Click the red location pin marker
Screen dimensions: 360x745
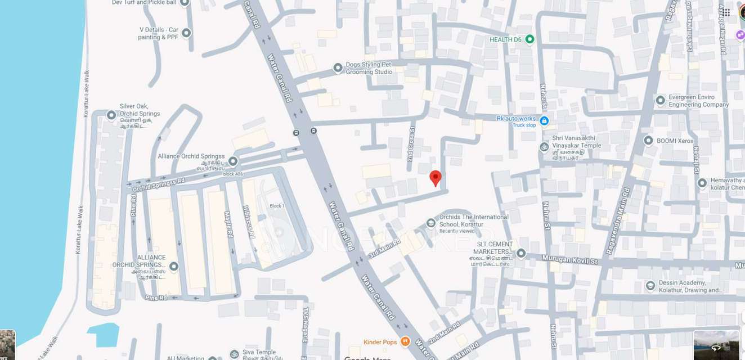pyautogui.click(x=435, y=178)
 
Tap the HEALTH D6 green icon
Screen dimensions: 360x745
pyautogui.click(x=529, y=39)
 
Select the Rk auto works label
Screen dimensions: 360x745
pyautogui.click(x=516, y=119)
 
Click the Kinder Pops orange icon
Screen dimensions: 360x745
pyautogui.click(x=405, y=341)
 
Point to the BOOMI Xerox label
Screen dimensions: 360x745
pyautogui.click(x=675, y=141)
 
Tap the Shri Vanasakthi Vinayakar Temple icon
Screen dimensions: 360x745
pyautogui.click(x=544, y=147)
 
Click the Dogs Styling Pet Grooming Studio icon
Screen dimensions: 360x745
pyautogui.click(x=338, y=68)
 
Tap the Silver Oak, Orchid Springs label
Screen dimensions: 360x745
pyautogui.click(x=140, y=110)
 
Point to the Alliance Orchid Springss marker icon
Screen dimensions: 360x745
pyautogui.click(x=232, y=161)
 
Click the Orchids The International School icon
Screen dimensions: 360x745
pyautogui.click(x=431, y=223)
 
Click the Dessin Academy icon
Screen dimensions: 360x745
pyautogui.click(x=650, y=286)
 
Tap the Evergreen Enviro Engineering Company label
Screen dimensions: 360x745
pyautogui.click(x=698, y=101)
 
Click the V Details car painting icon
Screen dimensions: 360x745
pyautogui.click(x=186, y=33)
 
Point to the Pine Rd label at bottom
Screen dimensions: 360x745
pyautogui.click(x=156, y=298)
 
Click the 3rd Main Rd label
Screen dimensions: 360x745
pyautogui.click(x=384, y=248)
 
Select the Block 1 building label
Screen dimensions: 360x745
pyautogui.click(x=277, y=206)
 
